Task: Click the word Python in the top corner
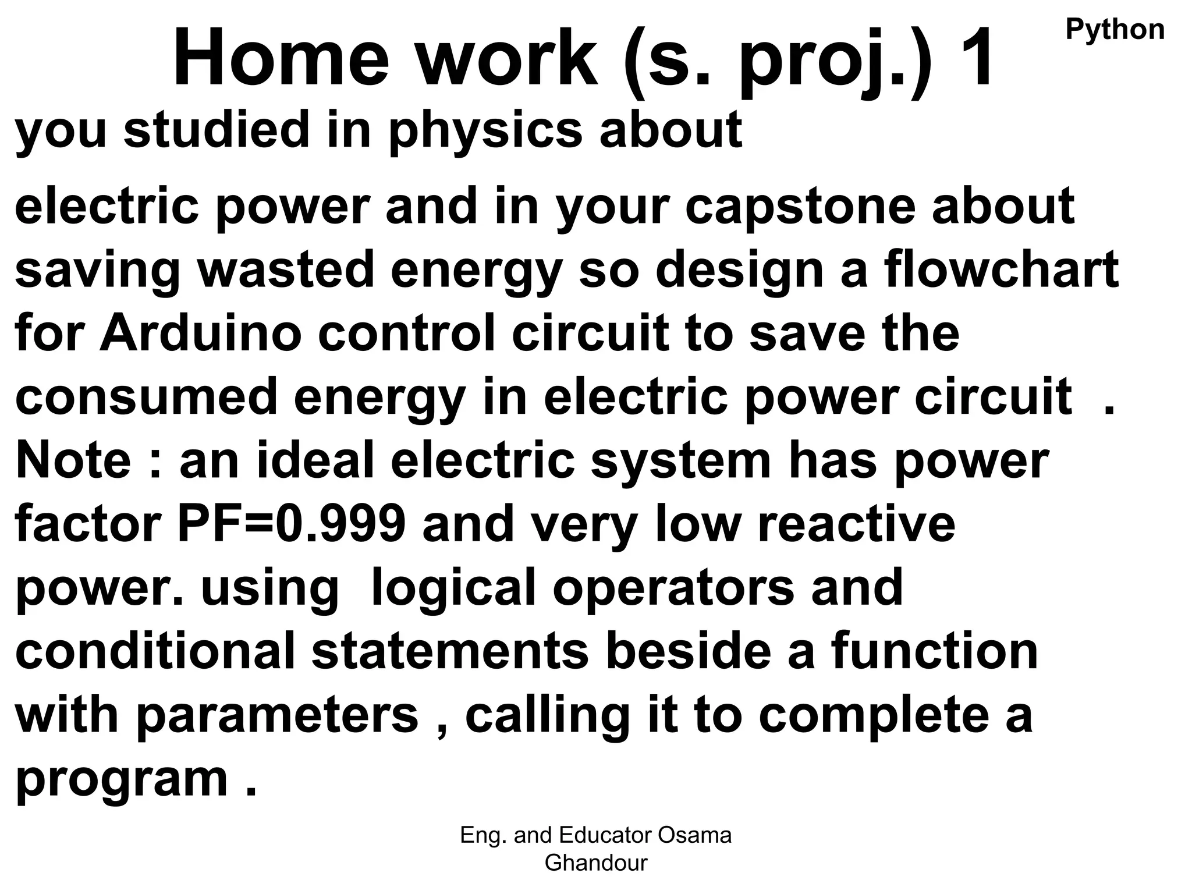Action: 1115,30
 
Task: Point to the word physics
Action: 485,132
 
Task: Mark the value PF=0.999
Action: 291,524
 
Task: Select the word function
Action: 935,651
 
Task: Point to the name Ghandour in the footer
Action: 595,863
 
